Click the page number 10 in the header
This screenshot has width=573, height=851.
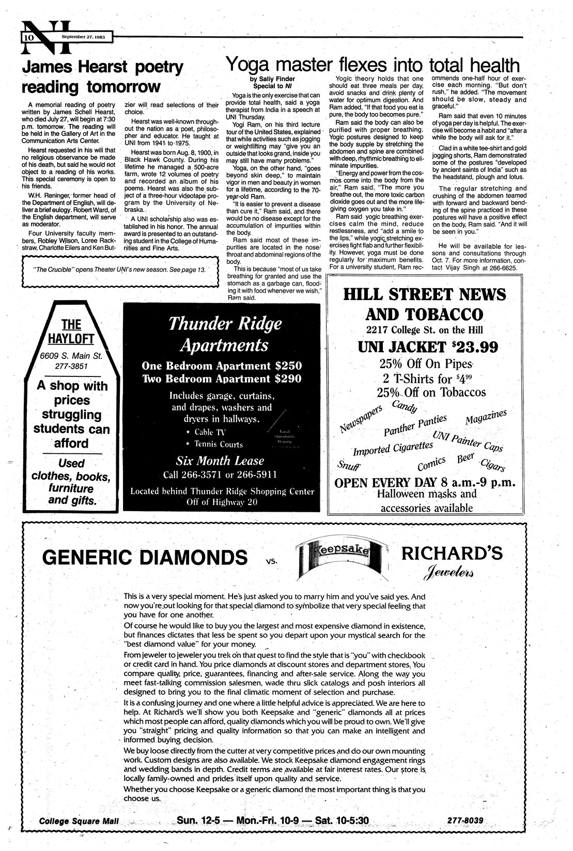28,38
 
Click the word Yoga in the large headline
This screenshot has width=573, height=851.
252,66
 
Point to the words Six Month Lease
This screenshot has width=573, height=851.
220,461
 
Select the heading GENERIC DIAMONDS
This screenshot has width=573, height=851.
145,558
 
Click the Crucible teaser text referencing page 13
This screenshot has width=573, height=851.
119,270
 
